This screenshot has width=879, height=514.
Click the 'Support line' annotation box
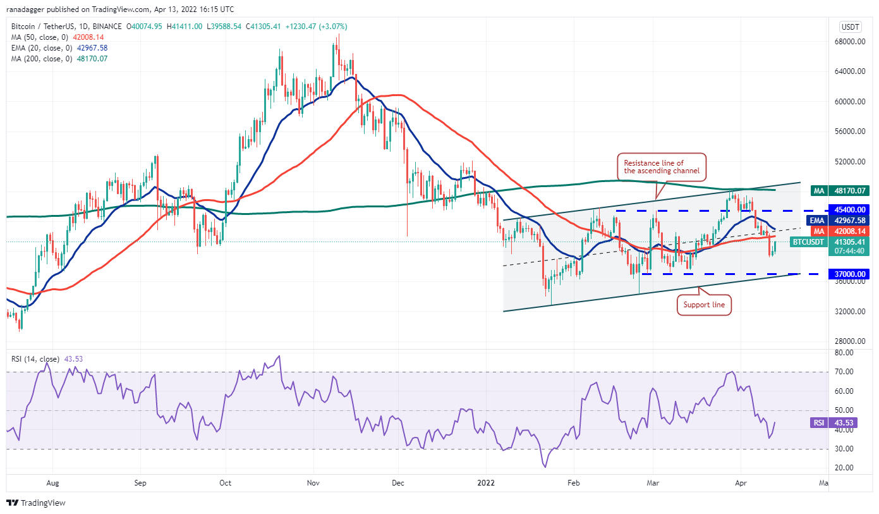click(x=704, y=305)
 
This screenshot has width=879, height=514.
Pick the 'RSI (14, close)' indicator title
click(x=35, y=359)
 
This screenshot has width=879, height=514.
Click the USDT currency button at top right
click(x=849, y=27)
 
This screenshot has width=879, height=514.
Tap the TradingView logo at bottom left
click(x=37, y=503)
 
